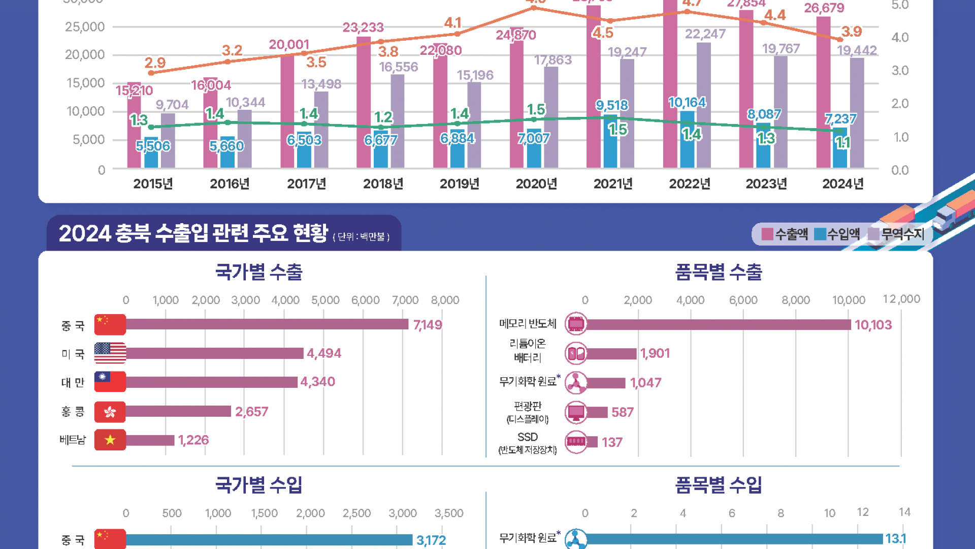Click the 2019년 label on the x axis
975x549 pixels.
460,184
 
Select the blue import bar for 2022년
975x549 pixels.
687,140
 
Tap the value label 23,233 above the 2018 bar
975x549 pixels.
363,27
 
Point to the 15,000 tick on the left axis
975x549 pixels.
85,83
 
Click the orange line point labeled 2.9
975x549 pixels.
151,73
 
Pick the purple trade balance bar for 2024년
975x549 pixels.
857,113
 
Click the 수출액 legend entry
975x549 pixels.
785,234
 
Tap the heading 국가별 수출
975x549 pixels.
258,272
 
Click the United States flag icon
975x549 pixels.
110,353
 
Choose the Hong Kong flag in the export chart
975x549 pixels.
110,412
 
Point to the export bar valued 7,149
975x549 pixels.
267,324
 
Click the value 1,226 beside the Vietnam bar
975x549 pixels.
193,440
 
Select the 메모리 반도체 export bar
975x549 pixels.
719,324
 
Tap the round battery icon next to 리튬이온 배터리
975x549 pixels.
576,353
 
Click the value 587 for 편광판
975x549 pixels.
623,412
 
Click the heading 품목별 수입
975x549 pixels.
718,485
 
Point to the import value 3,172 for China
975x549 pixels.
431,540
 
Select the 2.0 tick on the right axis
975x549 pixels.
900,104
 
